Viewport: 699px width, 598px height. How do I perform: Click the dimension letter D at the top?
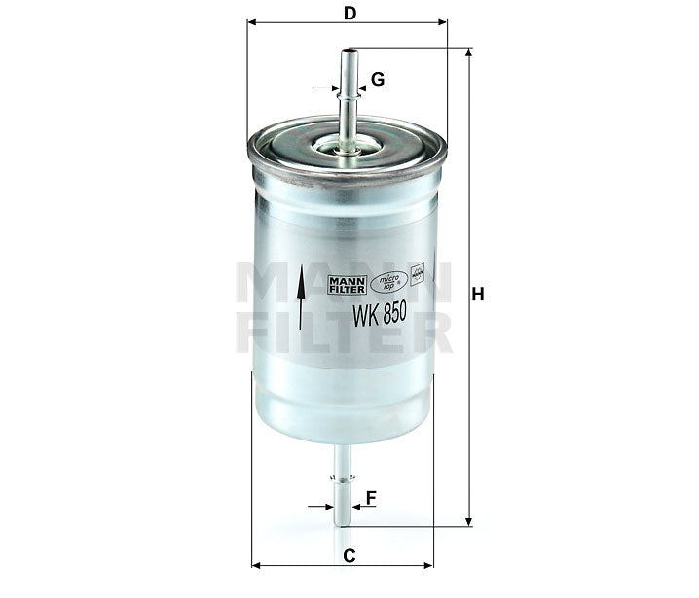click(x=348, y=13)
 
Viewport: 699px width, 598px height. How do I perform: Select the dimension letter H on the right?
click(x=477, y=293)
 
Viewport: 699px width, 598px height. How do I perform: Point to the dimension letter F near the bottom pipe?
click(x=371, y=498)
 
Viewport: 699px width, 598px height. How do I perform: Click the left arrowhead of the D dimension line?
click(x=253, y=21)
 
